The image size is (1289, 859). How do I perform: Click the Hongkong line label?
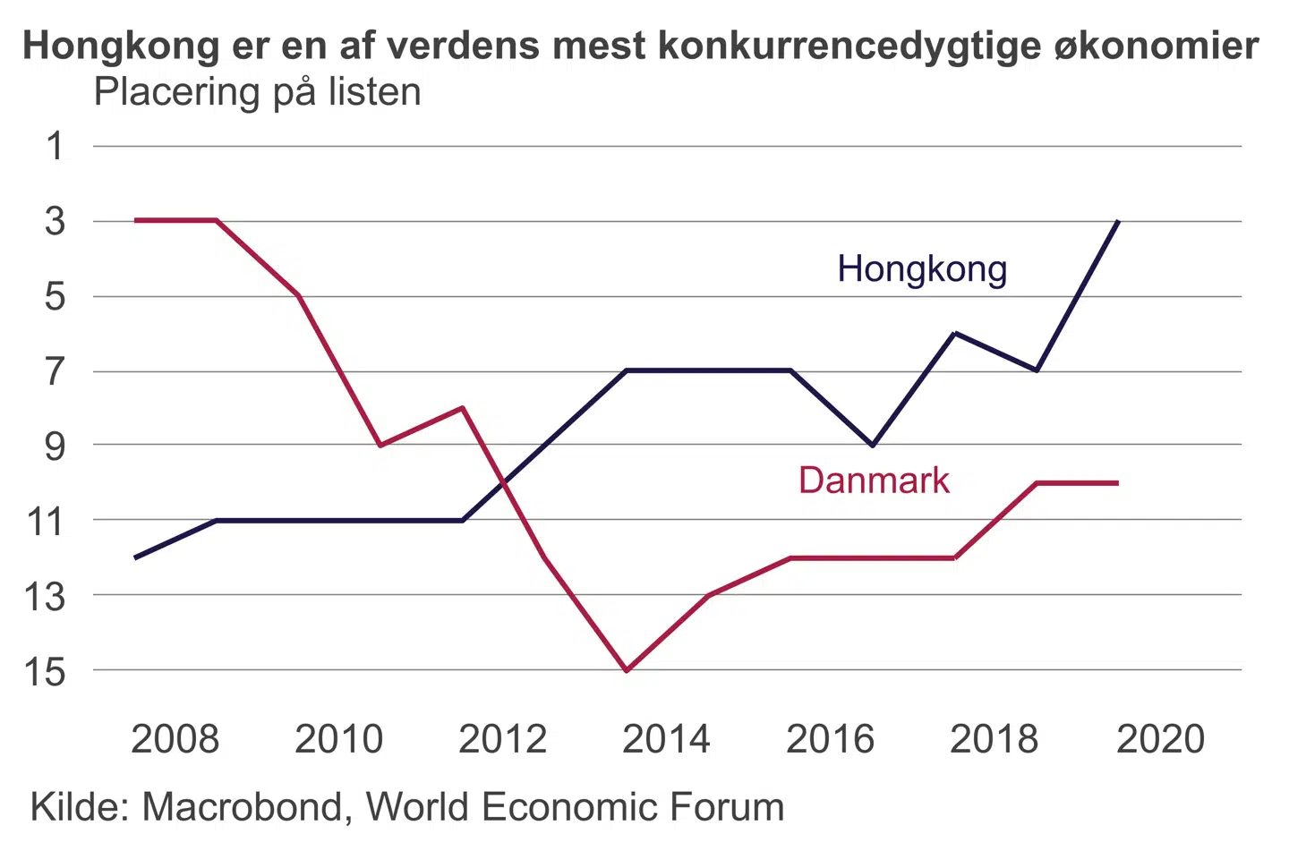click(x=922, y=269)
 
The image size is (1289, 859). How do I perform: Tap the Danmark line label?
click(x=874, y=481)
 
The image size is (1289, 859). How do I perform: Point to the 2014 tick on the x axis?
click(x=666, y=739)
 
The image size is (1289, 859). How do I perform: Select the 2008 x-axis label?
click(x=175, y=739)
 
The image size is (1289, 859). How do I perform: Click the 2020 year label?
click(x=1160, y=739)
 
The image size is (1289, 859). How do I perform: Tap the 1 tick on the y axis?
click(x=55, y=146)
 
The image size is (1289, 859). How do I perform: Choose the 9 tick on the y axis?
click(x=55, y=446)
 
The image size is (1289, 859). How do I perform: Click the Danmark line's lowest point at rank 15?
click(x=627, y=670)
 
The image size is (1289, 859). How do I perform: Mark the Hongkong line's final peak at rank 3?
click(x=1118, y=220)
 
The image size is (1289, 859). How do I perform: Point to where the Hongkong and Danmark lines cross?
click(x=504, y=484)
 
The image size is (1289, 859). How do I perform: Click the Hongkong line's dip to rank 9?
click(x=873, y=445)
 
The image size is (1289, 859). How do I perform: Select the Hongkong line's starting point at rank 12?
click(x=135, y=557)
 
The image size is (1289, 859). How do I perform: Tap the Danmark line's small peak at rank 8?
click(x=463, y=408)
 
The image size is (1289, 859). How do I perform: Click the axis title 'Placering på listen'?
click(x=258, y=92)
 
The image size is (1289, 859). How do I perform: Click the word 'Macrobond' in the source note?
click(x=242, y=807)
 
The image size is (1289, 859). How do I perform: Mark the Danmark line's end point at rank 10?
click(x=1117, y=483)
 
